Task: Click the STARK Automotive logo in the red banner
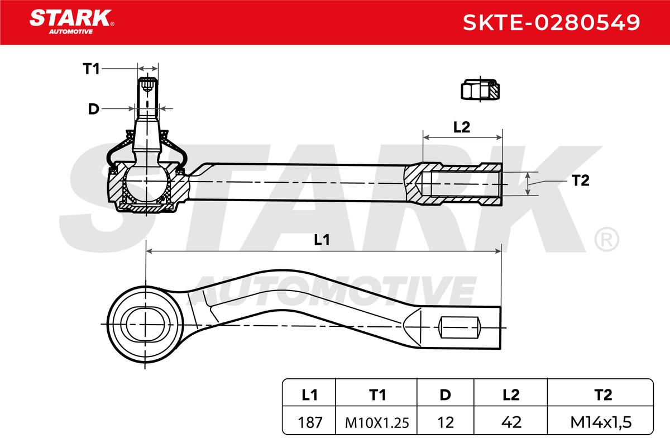pos(71,22)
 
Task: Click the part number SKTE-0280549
pos(551,22)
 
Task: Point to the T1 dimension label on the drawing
pos(91,69)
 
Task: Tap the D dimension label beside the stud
pos(94,109)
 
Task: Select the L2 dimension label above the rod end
pos(462,127)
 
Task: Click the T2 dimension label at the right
pos(581,180)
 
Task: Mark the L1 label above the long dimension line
pos(322,240)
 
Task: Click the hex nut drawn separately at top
pos(480,89)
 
